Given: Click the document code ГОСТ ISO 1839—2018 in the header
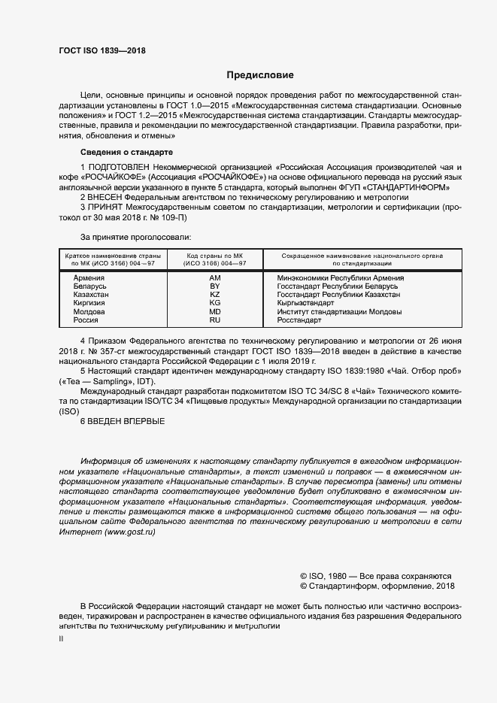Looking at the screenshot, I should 102,51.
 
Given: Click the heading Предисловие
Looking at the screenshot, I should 261,75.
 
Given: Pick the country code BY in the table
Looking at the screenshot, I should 214,286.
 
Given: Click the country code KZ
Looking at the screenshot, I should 214,295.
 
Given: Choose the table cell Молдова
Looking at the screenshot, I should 89,311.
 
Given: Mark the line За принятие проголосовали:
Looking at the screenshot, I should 129,237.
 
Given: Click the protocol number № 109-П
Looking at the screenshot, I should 153,217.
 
